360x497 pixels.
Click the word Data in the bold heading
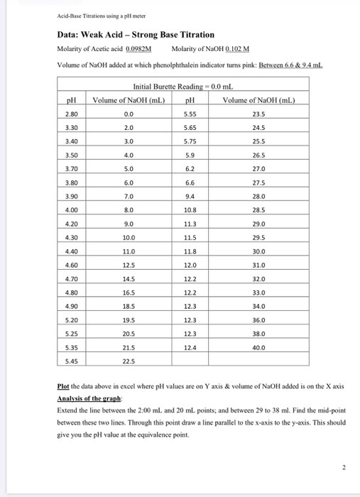(x=70, y=34)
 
